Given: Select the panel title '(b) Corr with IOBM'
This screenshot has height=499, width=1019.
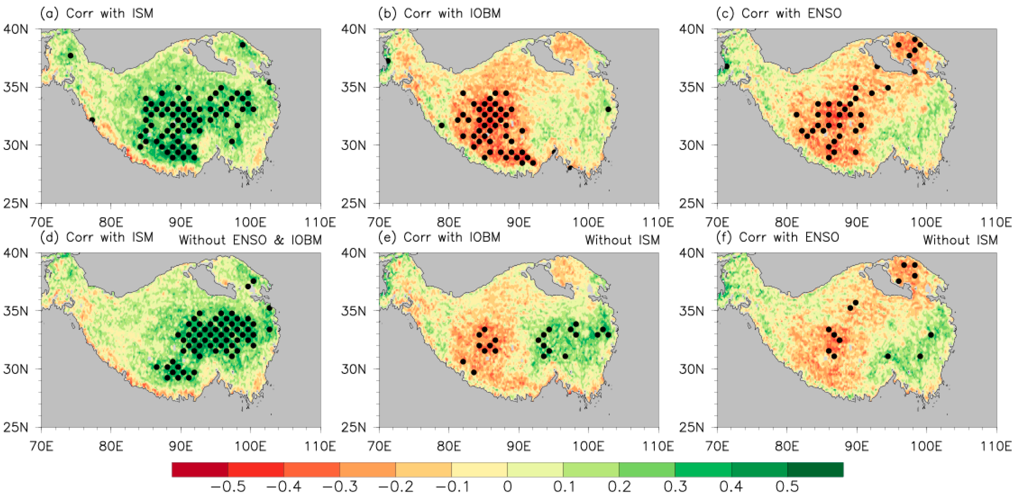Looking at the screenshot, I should [x=439, y=13].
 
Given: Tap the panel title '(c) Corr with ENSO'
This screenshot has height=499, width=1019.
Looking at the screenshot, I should [x=779, y=13].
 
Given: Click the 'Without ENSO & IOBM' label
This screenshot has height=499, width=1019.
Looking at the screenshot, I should [x=250, y=240].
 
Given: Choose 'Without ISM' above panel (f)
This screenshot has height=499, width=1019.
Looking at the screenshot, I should [x=960, y=240].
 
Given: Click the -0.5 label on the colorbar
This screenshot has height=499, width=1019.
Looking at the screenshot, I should [x=228, y=486].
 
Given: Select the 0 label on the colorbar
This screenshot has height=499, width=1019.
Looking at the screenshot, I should [x=508, y=486].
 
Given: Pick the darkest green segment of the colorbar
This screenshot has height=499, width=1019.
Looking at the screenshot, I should [x=815, y=469].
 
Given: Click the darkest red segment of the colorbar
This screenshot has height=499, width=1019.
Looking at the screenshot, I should [x=200, y=469].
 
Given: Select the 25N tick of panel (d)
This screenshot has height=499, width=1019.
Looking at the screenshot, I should [x=16, y=427].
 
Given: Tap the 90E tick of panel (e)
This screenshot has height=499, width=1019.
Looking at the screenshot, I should [x=518, y=446].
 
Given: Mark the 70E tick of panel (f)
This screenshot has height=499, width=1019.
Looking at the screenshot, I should [x=717, y=446].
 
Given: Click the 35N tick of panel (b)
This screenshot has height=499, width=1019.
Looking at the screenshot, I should [x=354, y=87].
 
